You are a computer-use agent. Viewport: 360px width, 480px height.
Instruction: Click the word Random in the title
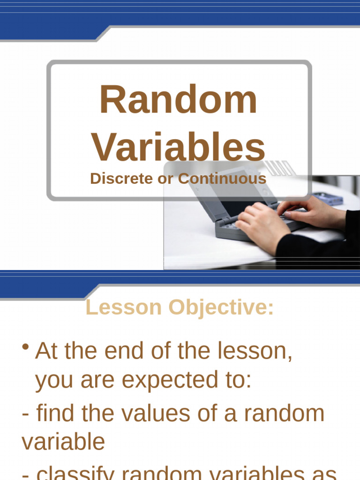pyautogui.click(x=178, y=100)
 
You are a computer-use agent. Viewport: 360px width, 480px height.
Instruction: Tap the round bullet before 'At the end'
pyautogui.click(x=26, y=348)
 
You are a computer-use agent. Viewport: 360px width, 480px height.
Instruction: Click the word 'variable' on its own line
pyautogui.click(x=63, y=442)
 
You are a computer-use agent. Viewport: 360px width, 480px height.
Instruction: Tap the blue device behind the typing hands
pyautogui.click(x=328, y=199)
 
